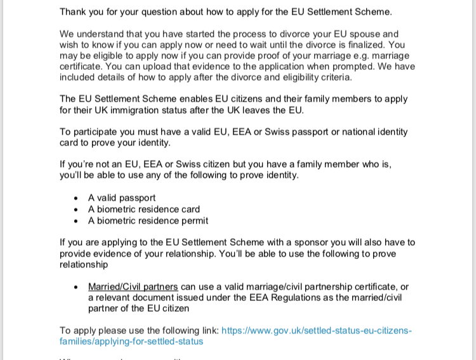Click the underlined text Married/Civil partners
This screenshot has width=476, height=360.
click(x=133, y=287)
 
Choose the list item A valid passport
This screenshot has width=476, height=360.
click(x=122, y=198)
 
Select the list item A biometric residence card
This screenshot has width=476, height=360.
click(x=144, y=210)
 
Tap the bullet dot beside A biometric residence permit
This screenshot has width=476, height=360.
click(x=76, y=221)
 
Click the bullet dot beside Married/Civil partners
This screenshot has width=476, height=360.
click(x=76, y=287)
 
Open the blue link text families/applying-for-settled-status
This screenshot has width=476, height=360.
click(x=131, y=342)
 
